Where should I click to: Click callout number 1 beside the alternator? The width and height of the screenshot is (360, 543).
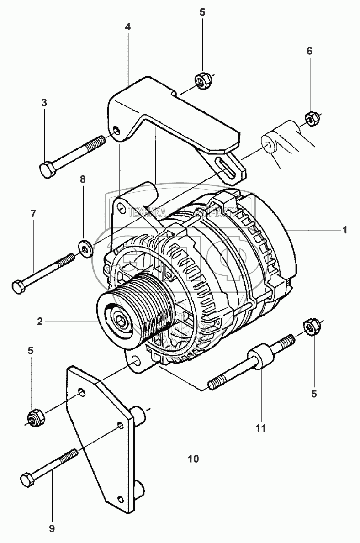pos(345,230)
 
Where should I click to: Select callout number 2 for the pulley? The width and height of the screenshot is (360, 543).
pos(40,322)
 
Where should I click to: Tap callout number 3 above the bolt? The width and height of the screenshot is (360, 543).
pos(44,103)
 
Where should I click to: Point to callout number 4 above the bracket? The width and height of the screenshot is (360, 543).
pos(128,27)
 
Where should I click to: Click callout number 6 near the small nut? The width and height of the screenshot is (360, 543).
pos(309,51)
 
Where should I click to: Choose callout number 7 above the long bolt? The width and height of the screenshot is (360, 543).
pos(33,213)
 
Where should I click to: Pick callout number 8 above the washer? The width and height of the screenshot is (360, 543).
pos(83,179)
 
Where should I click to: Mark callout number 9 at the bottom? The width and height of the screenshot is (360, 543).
pos(52,529)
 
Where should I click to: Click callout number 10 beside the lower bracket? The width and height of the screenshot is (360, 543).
pos(193,459)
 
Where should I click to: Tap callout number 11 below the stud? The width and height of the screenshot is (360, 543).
pos(261,428)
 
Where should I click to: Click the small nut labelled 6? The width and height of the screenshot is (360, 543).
pos(310,119)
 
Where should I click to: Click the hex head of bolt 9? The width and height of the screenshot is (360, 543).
pos(27,480)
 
